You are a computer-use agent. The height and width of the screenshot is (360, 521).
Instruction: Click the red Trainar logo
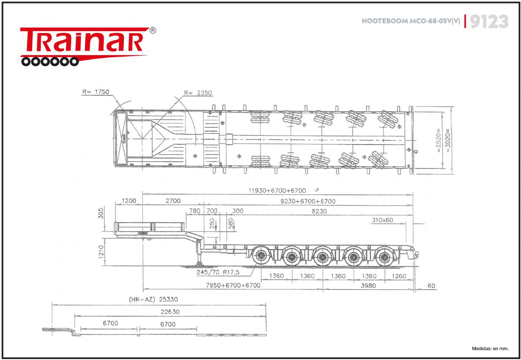(x=88, y=46)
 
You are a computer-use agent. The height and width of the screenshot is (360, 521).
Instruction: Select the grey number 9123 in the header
(x=489, y=21)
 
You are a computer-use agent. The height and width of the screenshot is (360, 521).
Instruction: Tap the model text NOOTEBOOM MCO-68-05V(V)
(x=411, y=21)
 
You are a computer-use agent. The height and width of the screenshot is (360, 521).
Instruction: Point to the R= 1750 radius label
(x=96, y=92)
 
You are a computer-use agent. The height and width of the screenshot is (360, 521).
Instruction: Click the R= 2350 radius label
(x=198, y=93)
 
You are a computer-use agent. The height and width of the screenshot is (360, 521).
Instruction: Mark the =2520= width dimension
(x=439, y=140)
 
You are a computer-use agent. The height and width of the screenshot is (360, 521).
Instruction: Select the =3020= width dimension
(x=448, y=141)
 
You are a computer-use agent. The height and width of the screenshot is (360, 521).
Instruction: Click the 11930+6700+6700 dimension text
(x=277, y=191)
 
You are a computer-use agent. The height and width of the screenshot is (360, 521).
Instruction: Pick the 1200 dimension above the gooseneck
(x=129, y=201)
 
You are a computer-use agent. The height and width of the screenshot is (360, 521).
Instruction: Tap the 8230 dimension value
(x=319, y=211)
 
